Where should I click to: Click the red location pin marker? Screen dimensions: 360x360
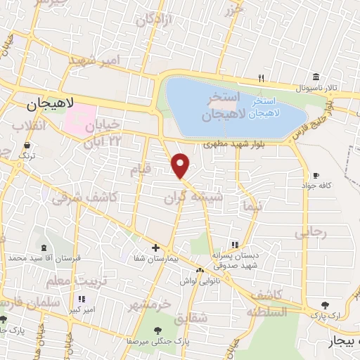(x=181, y=165)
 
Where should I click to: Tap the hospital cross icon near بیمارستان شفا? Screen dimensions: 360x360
(x=155, y=247)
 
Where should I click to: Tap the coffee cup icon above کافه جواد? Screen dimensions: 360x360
(x=316, y=175)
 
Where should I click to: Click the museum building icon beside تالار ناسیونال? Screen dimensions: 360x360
(x=316, y=77)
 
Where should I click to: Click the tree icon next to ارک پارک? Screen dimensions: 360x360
(x=324, y=305)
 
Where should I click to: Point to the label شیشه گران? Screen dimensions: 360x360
(x=193, y=199)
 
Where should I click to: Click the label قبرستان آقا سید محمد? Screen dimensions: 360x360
(x=44, y=258)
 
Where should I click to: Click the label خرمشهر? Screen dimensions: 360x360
(x=150, y=305)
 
